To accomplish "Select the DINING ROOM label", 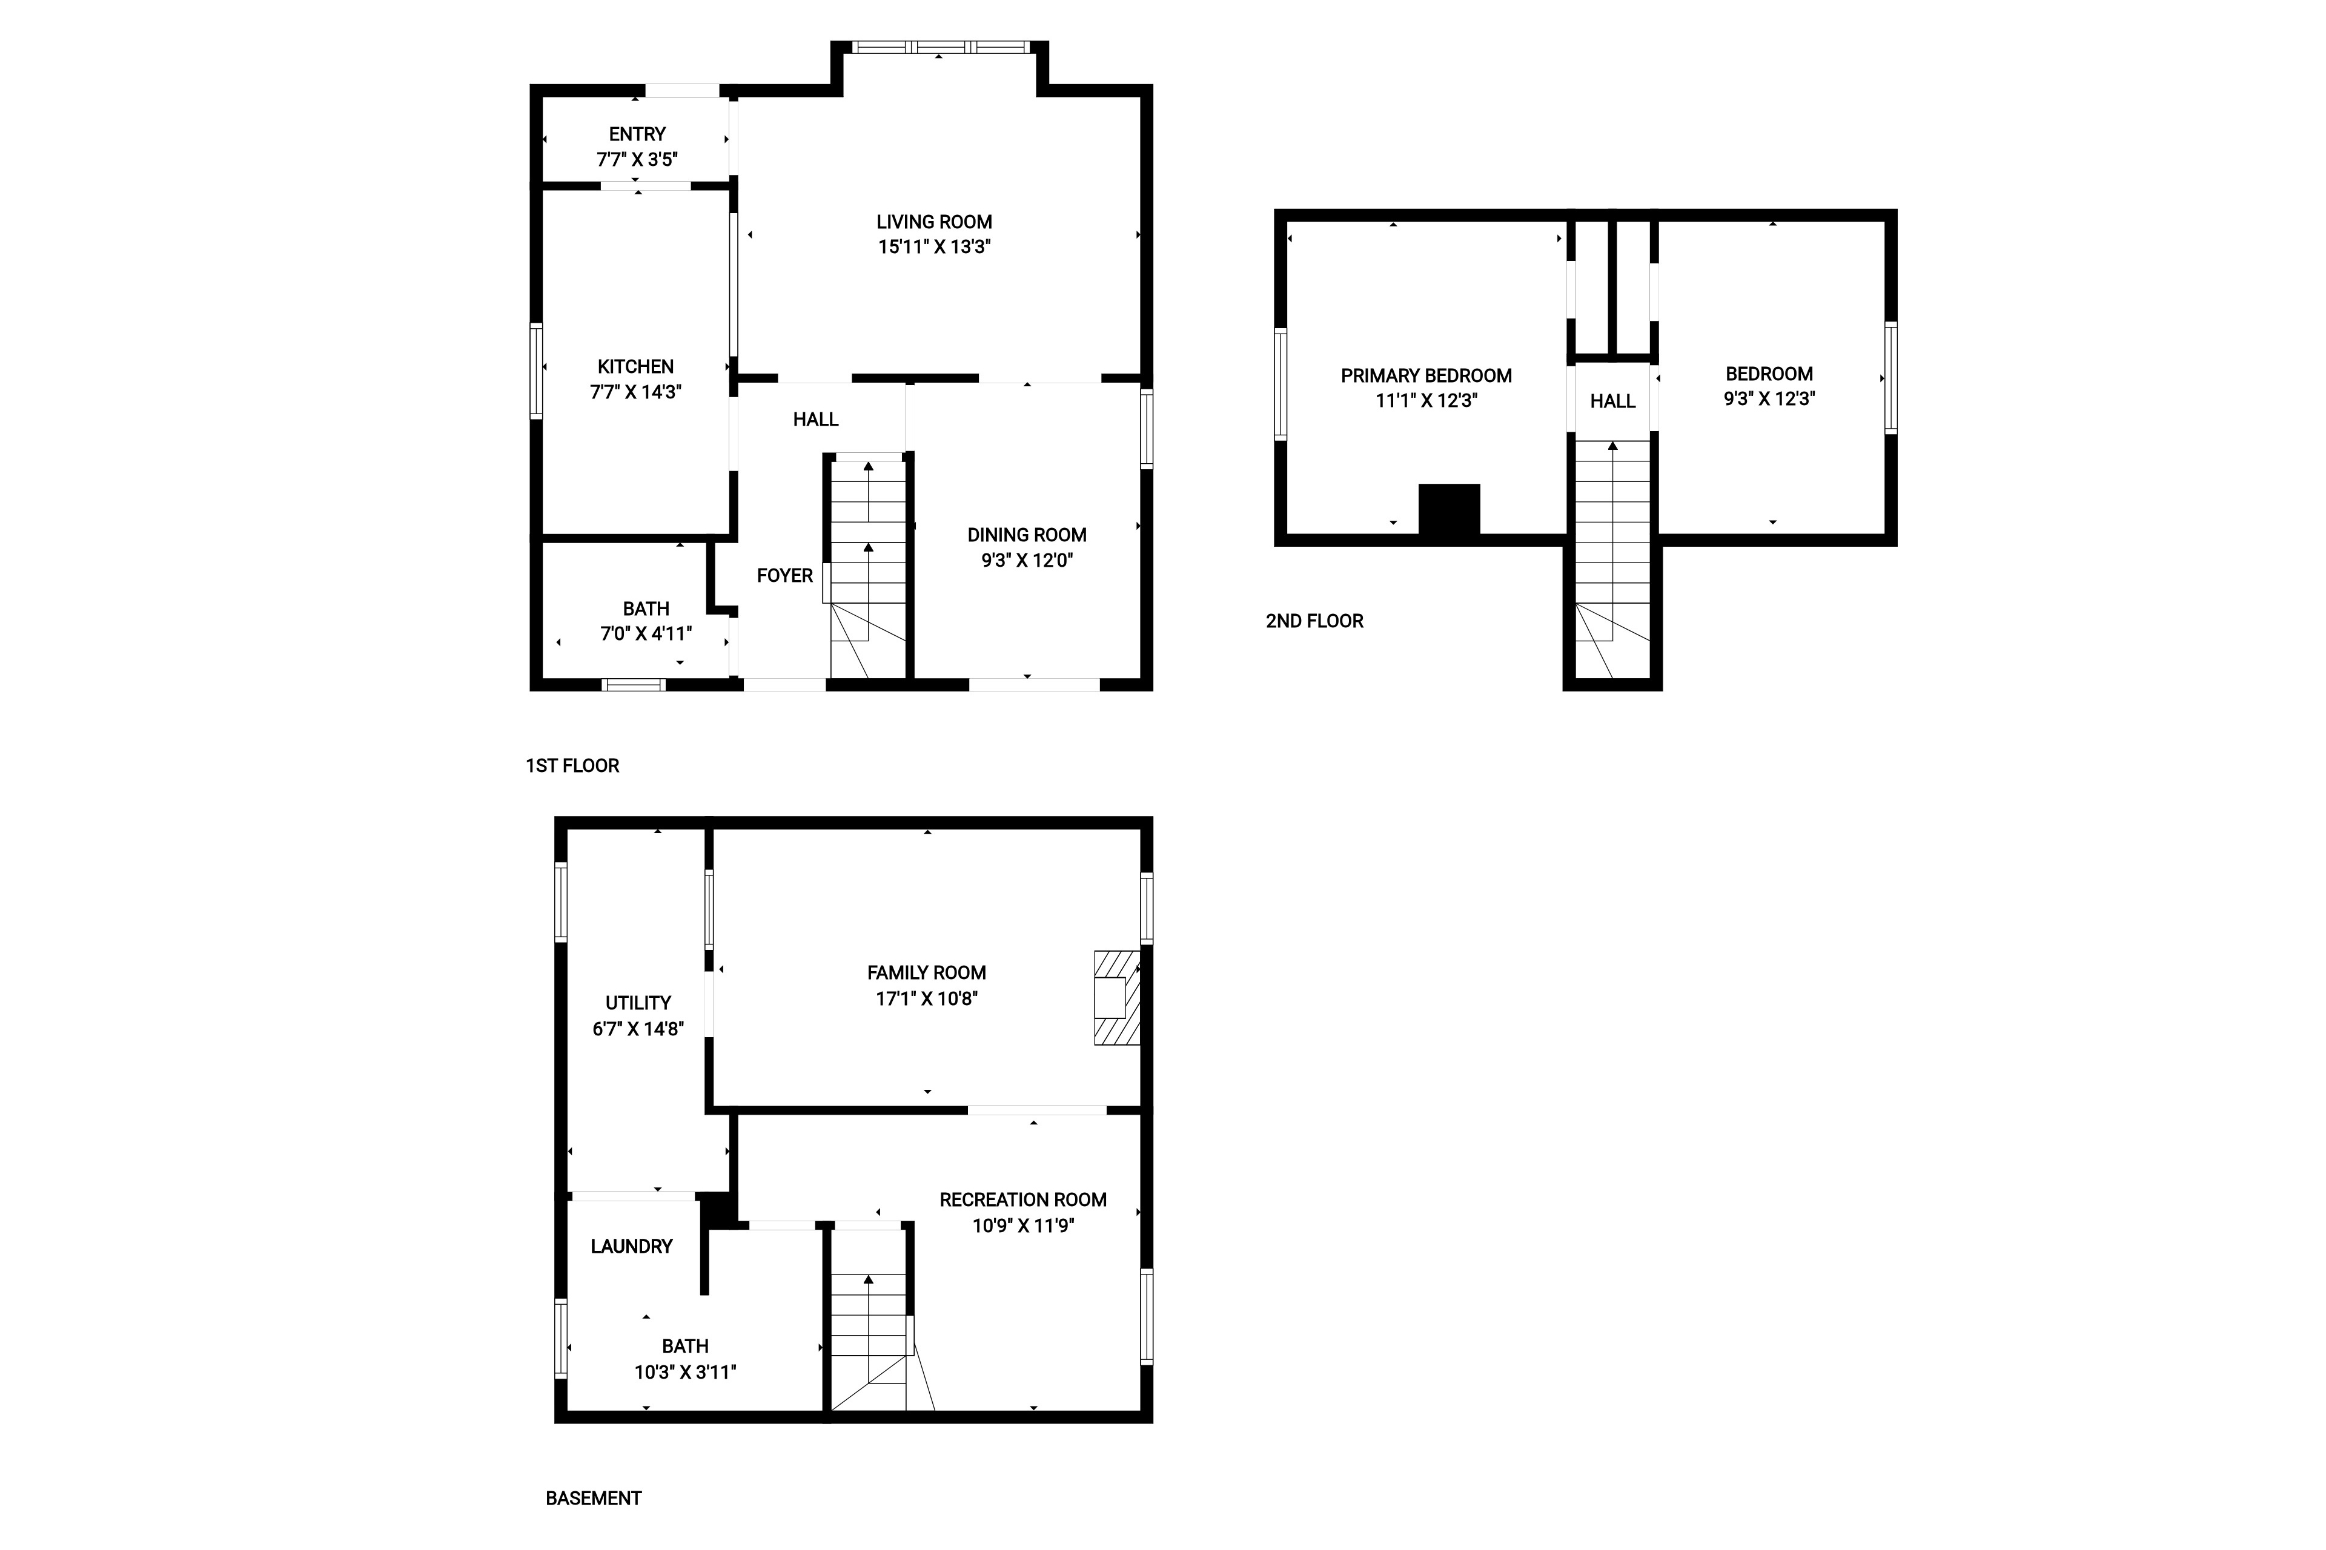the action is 1027,535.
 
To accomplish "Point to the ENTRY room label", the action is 637,133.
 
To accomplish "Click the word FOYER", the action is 784,575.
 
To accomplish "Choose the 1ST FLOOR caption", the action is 572,765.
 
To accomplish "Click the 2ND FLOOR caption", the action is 1314,621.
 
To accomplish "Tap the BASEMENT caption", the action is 594,1497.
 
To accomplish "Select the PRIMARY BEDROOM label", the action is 1426,375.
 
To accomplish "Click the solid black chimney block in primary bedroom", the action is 1449,510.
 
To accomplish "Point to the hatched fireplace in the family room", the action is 1116,997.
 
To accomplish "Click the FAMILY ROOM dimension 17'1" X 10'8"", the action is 927,998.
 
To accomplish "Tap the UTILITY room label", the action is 638,1003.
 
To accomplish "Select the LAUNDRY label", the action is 631,1247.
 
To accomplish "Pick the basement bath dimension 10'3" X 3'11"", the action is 685,1372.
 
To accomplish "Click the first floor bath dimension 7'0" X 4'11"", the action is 646,634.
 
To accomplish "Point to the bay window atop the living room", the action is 939,47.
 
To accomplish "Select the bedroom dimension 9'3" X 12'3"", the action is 1769,398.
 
